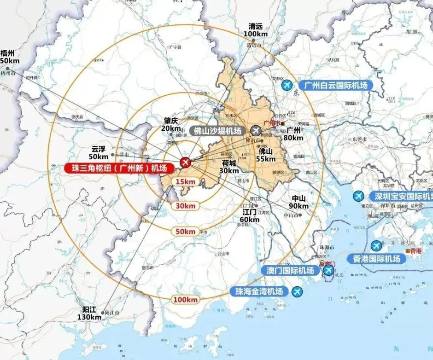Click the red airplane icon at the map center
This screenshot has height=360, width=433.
pos(185,162)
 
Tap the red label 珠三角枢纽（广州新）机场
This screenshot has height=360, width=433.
pos(119,168)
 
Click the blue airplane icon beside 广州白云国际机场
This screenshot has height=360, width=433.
pos(287,85)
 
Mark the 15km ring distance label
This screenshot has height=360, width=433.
pos(186,182)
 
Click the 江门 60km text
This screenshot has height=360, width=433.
pos(250,216)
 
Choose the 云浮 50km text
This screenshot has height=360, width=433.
pos(98,153)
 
